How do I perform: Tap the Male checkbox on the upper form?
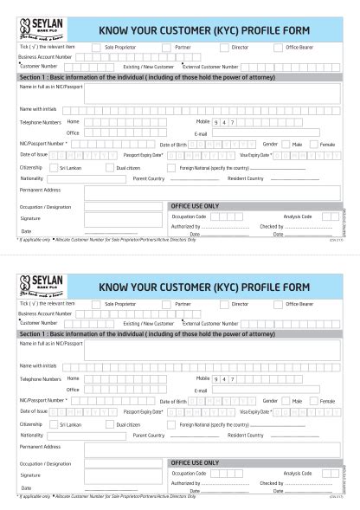pyautogui.click(x=286, y=144)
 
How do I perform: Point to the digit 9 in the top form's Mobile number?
pyautogui.click(x=216, y=122)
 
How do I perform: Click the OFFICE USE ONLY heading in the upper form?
pyautogui.click(x=195, y=206)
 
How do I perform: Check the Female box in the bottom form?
pyautogui.click(x=314, y=401)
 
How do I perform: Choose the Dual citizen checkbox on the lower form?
pyautogui.click(x=109, y=424)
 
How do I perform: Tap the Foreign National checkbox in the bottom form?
pyautogui.click(x=171, y=424)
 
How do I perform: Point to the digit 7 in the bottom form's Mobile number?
pyautogui.click(x=232, y=379)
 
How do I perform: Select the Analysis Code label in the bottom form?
pyautogui.click(x=297, y=473)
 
